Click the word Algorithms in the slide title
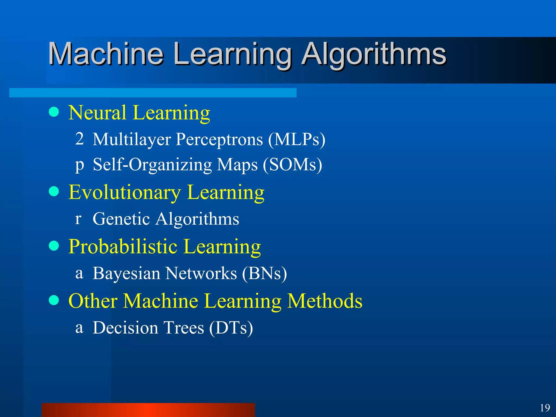point(374,54)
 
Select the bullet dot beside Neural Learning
point(54,112)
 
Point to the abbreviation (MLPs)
point(296,140)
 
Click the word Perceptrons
point(219,140)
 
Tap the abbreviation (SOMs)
point(292,165)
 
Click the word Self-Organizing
point(152,165)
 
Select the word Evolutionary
point(125,192)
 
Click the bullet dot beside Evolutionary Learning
point(54,191)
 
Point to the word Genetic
point(121,219)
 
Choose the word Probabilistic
point(123,247)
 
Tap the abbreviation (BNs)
point(264,273)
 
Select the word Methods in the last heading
point(325,301)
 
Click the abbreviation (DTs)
point(231,328)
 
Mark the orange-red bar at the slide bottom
point(148,410)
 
